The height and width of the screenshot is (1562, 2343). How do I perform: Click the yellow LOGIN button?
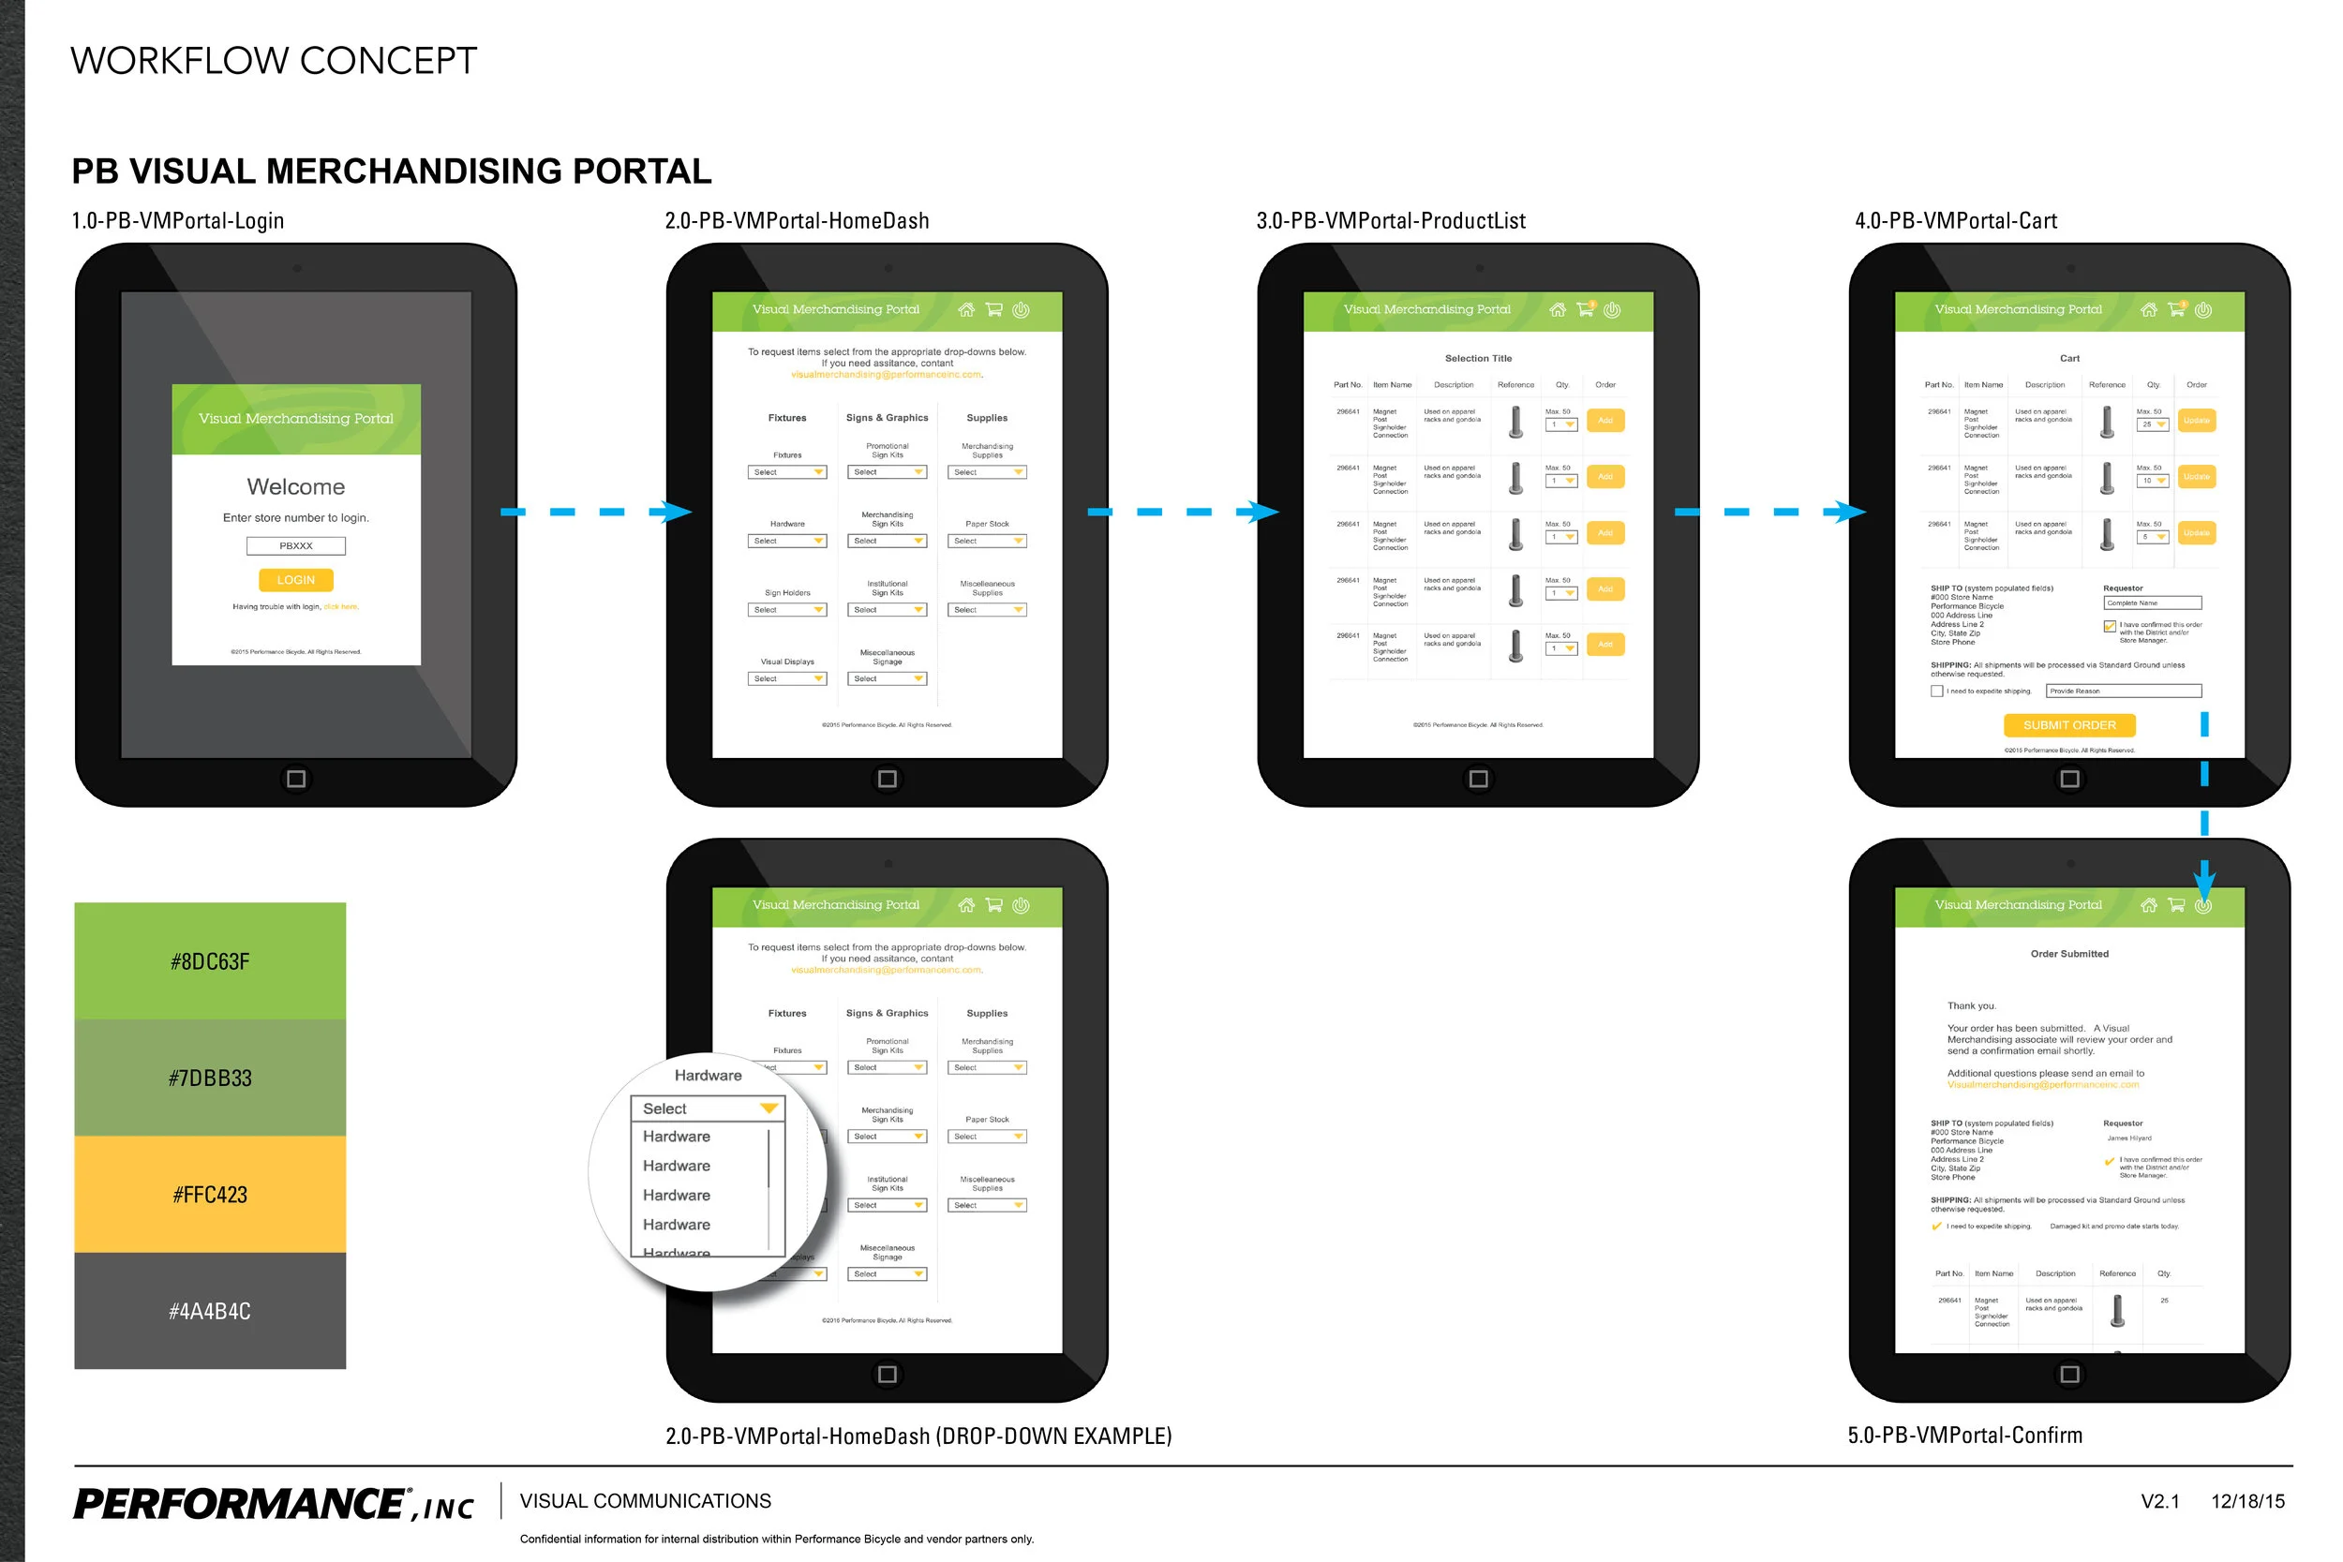click(x=296, y=580)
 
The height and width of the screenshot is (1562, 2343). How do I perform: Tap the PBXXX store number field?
click(x=296, y=546)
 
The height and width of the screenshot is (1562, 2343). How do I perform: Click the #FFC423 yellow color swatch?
click(x=210, y=1194)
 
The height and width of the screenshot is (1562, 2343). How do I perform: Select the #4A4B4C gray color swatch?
click(x=210, y=1310)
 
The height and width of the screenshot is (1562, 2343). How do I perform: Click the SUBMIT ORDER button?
click(x=2069, y=725)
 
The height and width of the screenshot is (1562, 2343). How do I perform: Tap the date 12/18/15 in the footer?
click(x=2247, y=1501)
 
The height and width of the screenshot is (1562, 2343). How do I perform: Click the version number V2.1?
click(x=2159, y=1501)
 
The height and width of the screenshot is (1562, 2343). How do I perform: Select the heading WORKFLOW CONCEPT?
click(x=274, y=61)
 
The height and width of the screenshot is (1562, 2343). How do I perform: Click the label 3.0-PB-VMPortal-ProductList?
click(x=1391, y=221)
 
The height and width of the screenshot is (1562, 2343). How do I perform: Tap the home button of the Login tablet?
click(x=296, y=779)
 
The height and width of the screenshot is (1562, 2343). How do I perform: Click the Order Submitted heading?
click(x=2069, y=954)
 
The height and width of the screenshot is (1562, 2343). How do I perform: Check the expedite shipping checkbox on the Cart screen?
click(x=1936, y=692)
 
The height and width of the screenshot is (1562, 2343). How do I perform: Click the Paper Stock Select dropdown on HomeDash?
click(x=987, y=541)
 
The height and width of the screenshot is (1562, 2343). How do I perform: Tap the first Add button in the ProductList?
click(x=1604, y=421)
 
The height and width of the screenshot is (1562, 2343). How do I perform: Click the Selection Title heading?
click(x=1478, y=359)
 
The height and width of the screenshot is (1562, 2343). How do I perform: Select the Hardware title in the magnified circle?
click(x=709, y=1076)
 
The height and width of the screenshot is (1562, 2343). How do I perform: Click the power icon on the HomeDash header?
click(x=1021, y=310)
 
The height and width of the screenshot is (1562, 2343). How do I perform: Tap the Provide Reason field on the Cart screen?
click(x=2123, y=692)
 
